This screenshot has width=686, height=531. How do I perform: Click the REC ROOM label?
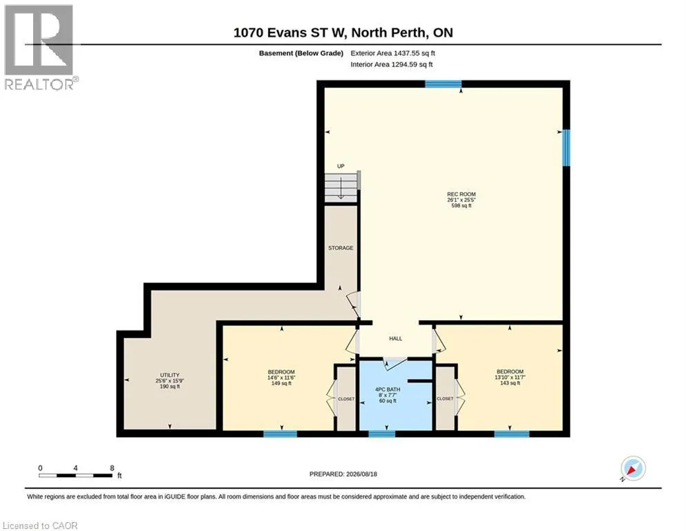point(461,194)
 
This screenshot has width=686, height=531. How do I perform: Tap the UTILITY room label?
point(170,375)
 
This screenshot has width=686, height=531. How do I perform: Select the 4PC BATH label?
point(388,389)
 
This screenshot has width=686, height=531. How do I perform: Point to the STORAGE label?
point(341,248)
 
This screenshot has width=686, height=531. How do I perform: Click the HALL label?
point(395,338)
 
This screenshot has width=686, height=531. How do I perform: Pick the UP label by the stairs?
point(341,166)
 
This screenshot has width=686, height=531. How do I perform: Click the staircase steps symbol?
point(341,187)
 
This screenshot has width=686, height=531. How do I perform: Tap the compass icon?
point(633,468)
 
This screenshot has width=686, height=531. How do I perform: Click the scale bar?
point(76,475)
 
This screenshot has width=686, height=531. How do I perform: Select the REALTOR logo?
point(40,47)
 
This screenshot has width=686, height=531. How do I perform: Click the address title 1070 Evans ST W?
point(289,32)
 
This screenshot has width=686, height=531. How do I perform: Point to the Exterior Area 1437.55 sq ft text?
point(392,53)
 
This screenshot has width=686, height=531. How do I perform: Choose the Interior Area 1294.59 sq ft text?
point(392,64)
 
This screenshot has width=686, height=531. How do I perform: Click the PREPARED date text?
point(343,474)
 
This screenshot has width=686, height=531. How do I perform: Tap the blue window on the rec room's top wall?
point(444,84)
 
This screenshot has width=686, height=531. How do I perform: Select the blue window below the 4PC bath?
point(381,434)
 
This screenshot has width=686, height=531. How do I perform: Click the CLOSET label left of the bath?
point(346,399)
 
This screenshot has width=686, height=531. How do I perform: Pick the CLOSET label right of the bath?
point(445,399)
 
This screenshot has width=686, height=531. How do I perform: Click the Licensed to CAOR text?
point(40,525)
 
